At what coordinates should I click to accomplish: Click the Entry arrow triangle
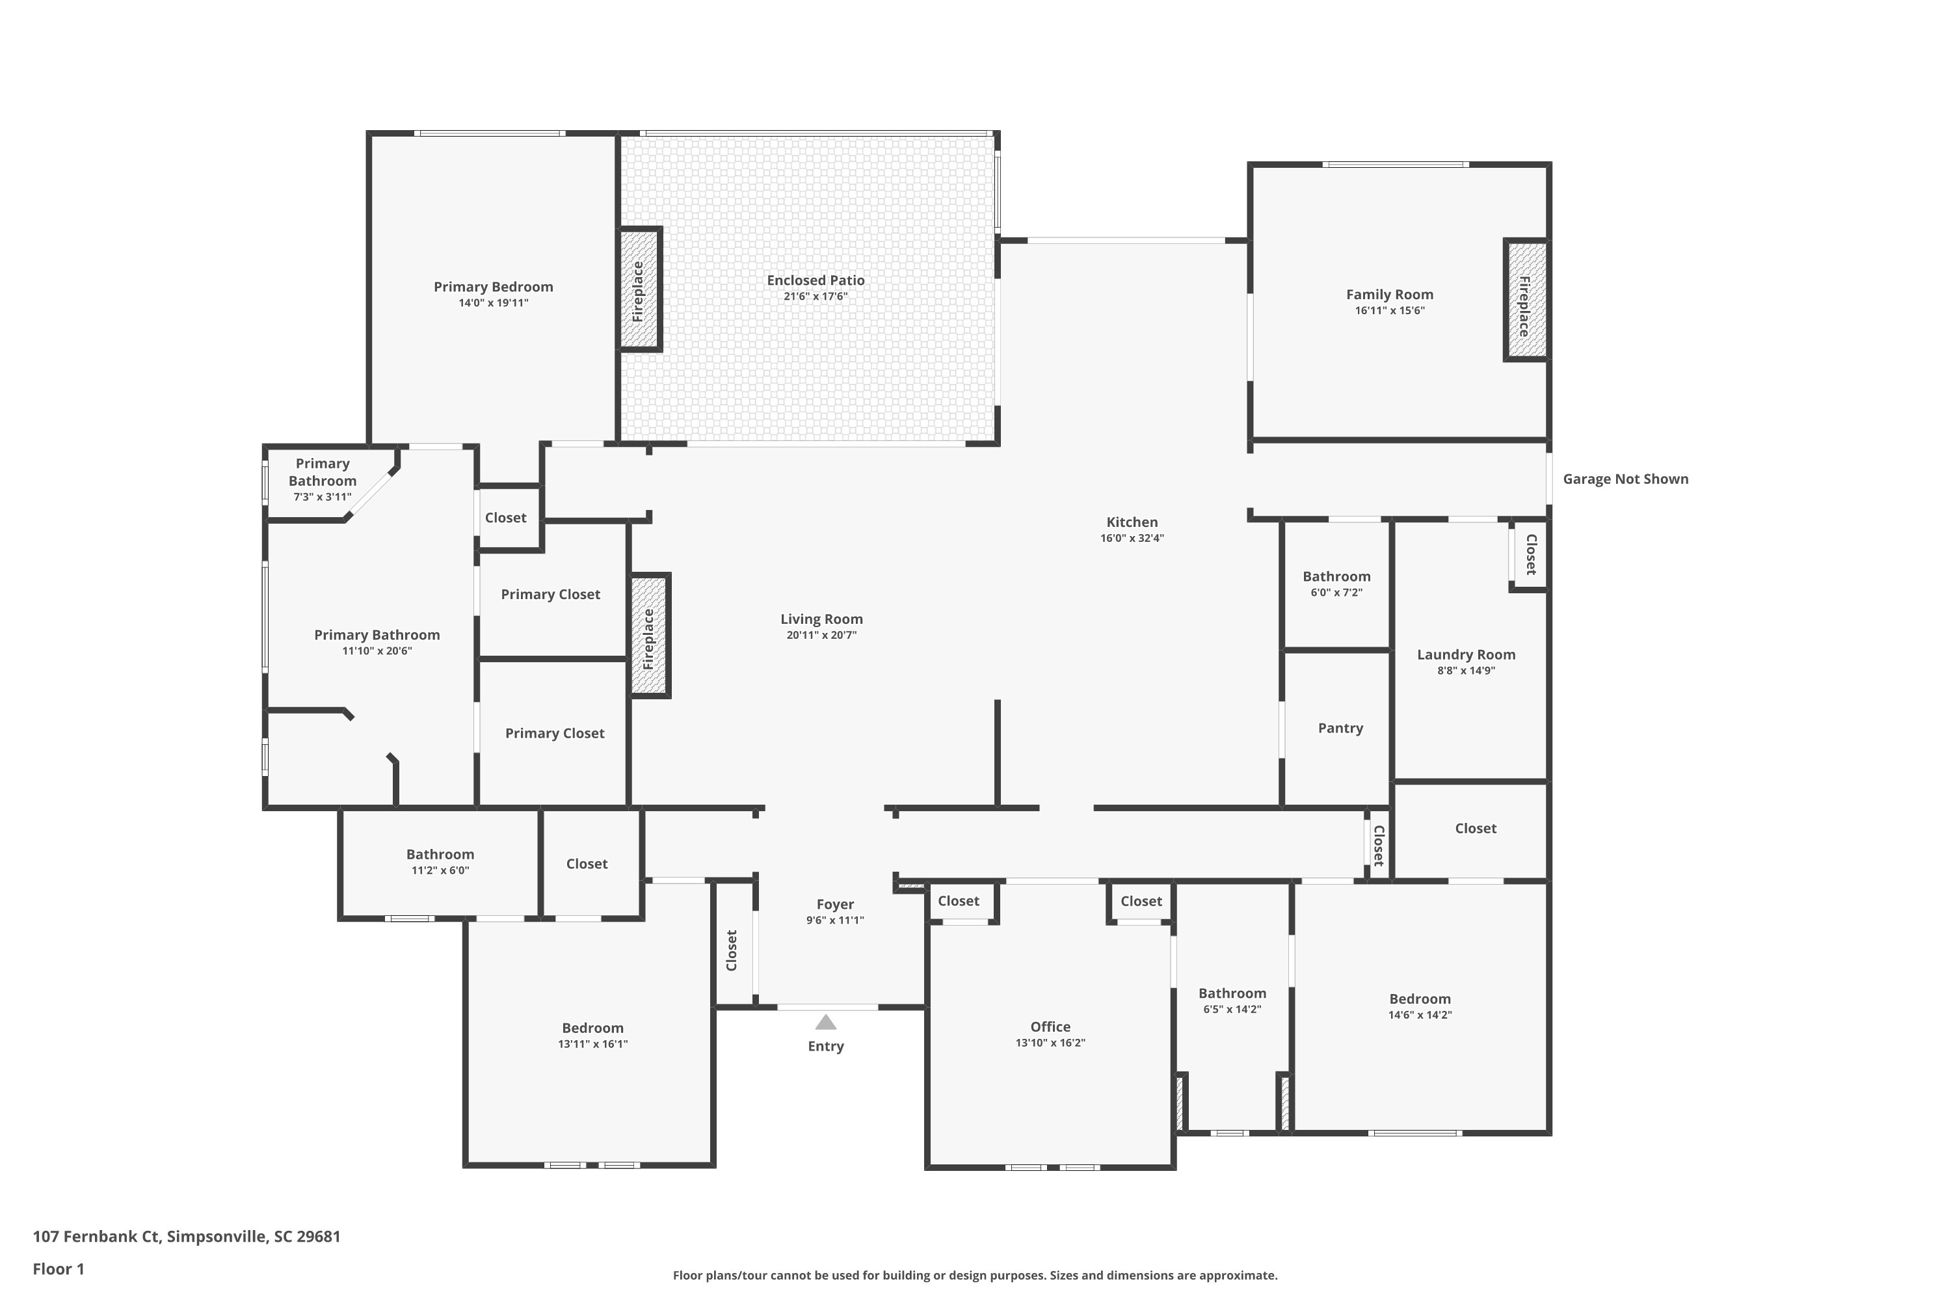(825, 1022)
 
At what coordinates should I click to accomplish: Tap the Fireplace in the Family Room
(1526, 301)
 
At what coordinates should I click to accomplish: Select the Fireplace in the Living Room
(650, 636)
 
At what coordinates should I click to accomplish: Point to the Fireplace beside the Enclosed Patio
(639, 289)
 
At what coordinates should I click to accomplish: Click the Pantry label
(1340, 728)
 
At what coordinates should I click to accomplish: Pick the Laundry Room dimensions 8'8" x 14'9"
(1466, 671)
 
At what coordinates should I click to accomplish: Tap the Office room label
(1050, 1026)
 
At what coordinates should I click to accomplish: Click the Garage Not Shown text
(1625, 479)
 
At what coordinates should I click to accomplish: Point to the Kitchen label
(1132, 522)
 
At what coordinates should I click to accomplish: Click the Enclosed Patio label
(816, 280)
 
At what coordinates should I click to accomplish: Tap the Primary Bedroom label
(494, 287)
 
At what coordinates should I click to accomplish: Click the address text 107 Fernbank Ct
(96, 1237)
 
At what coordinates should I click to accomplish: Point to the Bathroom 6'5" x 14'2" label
(1232, 993)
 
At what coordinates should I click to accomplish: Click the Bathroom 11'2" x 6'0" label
(440, 853)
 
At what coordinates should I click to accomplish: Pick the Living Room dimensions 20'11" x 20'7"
(821, 635)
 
